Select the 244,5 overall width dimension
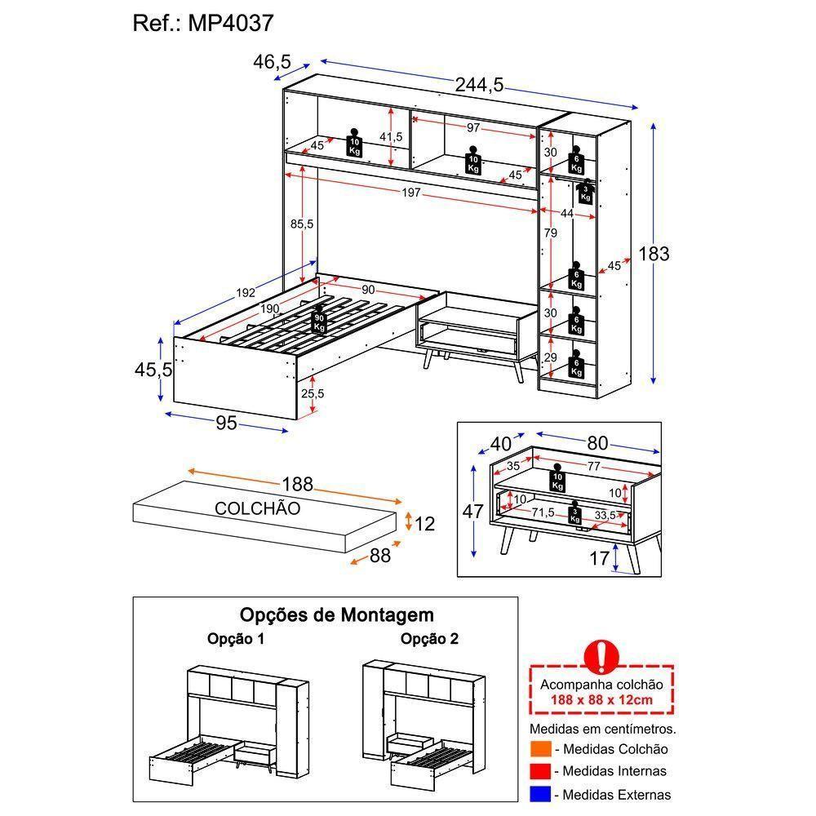480,84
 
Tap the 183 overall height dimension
653,254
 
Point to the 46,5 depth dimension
272,61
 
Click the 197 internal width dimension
410,193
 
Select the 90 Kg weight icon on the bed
319,322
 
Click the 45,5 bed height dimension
153,369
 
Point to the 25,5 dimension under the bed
313,393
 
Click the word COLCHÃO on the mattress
257,508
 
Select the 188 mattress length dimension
297,484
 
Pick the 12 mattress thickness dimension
424,524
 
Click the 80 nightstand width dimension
597,443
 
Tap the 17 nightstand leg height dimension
600,559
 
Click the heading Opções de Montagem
336,614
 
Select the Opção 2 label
428,639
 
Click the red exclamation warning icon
601,654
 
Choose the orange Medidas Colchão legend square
539,749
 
